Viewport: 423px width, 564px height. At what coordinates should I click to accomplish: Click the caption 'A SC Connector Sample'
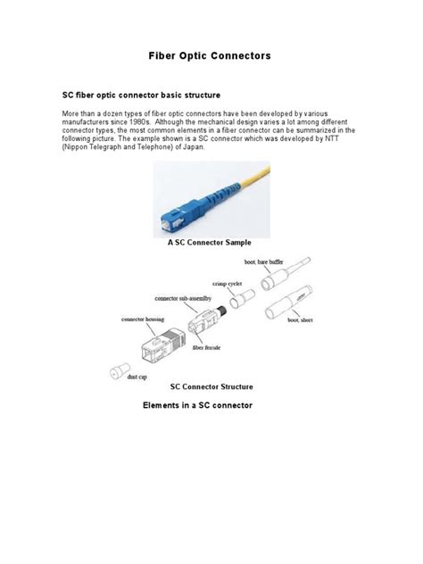(210, 242)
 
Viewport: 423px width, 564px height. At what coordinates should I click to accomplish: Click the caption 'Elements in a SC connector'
(198, 406)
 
